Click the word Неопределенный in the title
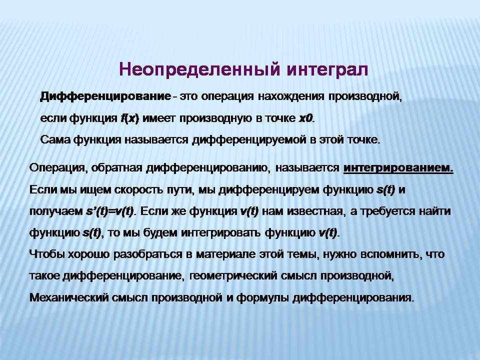(199, 69)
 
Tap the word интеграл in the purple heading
(328, 69)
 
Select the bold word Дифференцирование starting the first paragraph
(105, 96)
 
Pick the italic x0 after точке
(305, 118)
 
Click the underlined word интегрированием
(398, 168)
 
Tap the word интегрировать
(221, 232)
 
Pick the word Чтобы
(47, 254)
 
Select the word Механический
(69, 297)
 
